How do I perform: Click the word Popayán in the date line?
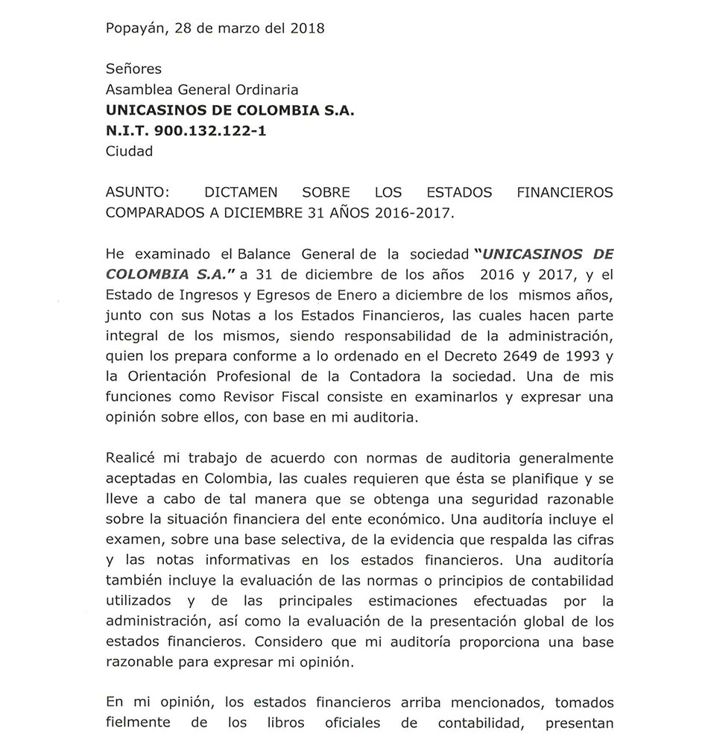click(x=139, y=29)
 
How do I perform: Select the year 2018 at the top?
click(x=306, y=29)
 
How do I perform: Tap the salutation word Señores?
click(x=133, y=69)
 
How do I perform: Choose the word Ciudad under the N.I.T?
click(x=129, y=152)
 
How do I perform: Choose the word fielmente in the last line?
click(x=138, y=723)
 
